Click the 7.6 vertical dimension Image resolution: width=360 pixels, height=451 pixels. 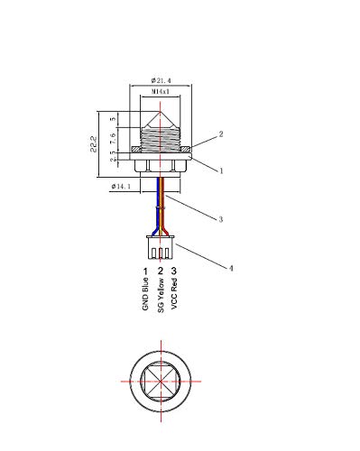click(114, 137)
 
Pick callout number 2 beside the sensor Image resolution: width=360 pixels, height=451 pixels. click(220, 133)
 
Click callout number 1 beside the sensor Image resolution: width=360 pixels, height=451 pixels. click(220, 168)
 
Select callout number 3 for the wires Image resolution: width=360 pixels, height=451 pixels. click(219, 217)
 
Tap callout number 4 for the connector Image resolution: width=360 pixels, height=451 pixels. click(231, 267)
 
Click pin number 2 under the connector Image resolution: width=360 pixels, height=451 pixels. click(160, 271)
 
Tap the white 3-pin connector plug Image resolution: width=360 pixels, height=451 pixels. click(161, 247)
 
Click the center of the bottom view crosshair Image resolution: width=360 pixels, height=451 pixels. click(162, 382)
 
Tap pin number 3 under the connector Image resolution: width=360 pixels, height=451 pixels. click(174, 271)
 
